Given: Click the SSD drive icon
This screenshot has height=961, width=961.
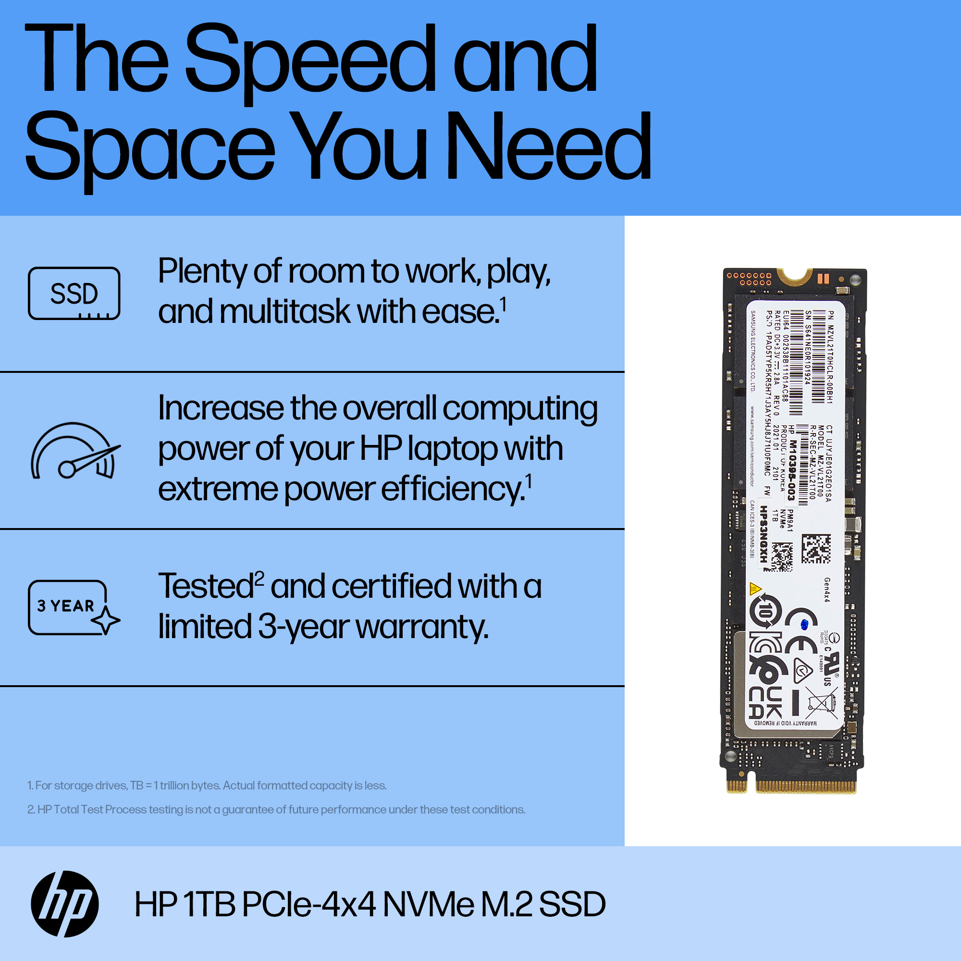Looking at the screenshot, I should [x=74, y=294].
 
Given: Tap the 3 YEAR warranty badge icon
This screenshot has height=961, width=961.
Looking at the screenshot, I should [x=74, y=607].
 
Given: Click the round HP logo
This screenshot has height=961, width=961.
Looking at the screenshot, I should [x=65, y=904].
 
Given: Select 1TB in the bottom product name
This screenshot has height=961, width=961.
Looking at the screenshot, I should [x=209, y=904].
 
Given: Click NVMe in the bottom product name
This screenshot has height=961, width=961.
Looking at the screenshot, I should [x=428, y=904].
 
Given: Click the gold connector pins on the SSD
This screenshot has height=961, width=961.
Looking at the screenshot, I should [x=805, y=787].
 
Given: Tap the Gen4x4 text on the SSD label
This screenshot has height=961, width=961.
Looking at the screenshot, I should [x=826, y=590].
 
